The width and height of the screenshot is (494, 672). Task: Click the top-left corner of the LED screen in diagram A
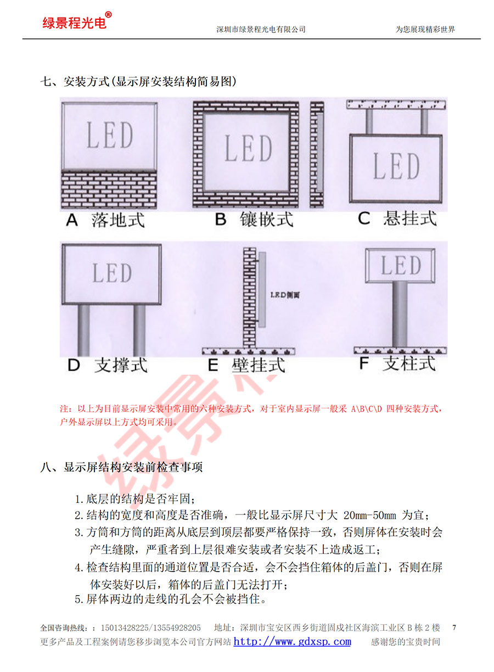click(x=62, y=103)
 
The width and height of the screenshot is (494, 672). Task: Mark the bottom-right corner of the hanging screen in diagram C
click(x=442, y=202)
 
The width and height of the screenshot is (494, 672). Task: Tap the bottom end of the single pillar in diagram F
click(x=400, y=347)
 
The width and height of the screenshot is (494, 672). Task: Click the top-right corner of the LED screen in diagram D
click(x=161, y=245)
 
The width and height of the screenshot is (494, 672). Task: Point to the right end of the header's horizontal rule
click(x=480, y=38)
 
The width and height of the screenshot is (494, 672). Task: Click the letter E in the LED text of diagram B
click(x=248, y=148)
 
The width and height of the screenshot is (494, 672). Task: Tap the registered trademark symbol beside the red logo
click(x=109, y=15)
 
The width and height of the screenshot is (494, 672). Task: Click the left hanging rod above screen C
click(x=369, y=121)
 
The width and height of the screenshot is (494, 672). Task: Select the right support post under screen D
click(x=139, y=331)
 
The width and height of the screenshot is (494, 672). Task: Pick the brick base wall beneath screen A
click(x=109, y=189)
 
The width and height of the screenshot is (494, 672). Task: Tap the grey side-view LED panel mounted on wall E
click(x=262, y=289)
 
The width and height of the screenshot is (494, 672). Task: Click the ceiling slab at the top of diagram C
click(x=396, y=105)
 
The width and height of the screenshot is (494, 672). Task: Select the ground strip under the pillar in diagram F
click(x=400, y=350)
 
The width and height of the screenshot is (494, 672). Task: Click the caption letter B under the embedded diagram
click(x=221, y=219)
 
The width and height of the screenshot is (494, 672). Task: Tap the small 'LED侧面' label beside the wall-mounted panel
click(x=285, y=295)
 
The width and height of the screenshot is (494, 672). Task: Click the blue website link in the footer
click(x=292, y=641)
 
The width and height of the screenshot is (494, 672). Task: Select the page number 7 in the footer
click(x=454, y=628)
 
